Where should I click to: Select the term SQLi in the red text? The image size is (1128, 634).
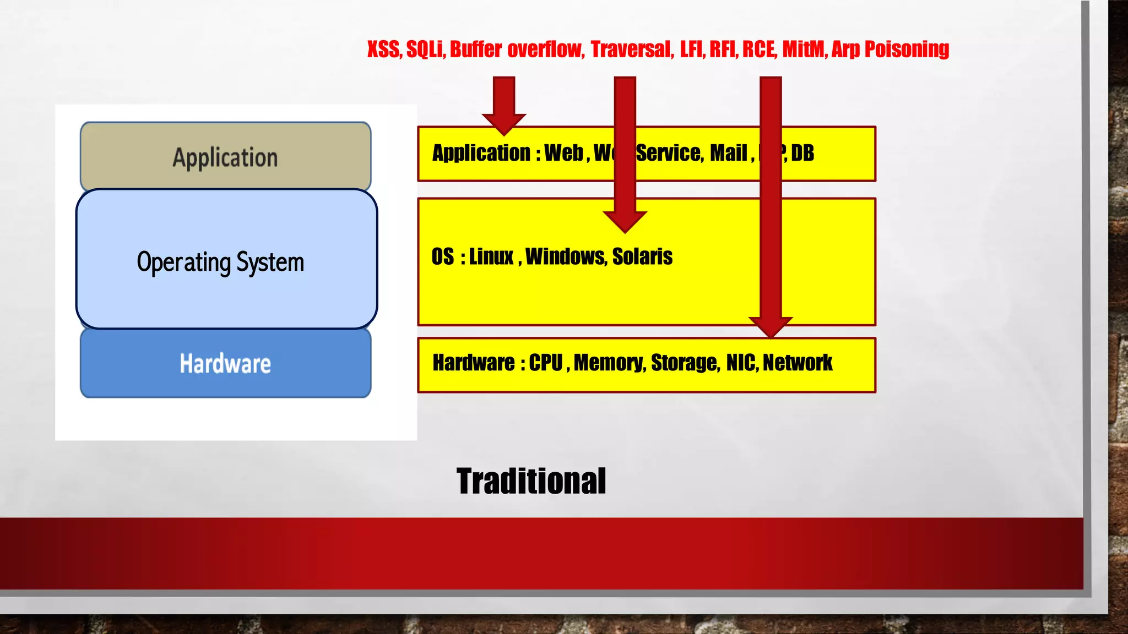pos(424,50)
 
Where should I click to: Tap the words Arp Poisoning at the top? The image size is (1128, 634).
pos(890,50)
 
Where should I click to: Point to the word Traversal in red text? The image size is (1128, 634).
pos(631,50)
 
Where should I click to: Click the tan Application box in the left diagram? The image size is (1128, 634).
pos(225,157)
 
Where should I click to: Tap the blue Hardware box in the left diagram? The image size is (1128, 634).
pos(225,364)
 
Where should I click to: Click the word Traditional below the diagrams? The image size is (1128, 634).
pos(531,481)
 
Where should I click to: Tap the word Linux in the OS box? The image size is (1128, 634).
pos(491,256)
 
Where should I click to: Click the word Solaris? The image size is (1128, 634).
pos(642,256)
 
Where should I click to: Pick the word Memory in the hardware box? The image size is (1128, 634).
pos(609,363)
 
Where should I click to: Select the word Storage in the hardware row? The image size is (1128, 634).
pos(685,363)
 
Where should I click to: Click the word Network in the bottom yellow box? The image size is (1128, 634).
pos(798,363)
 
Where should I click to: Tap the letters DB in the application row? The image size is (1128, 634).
pos(802,153)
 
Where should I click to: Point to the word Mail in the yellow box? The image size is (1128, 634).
pos(728,153)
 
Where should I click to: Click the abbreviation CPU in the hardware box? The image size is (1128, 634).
pos(546,363)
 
